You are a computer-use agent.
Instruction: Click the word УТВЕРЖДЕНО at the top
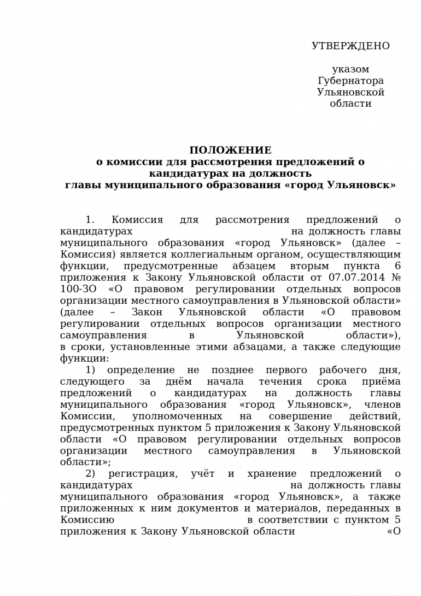(x=350, y=46)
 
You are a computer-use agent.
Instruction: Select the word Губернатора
(x=350, y=81)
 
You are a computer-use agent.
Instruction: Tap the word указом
(x=350, y=70)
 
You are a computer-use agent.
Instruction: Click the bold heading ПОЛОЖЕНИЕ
(x=230, y=151)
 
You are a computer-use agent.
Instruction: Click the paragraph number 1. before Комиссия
(x=90, y=220)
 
